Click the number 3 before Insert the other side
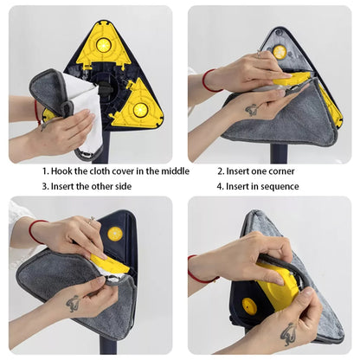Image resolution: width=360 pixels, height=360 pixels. point(46,186)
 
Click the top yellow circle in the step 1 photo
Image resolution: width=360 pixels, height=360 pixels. point(103,43)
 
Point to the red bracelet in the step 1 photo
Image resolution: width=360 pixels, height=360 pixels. point(36,111)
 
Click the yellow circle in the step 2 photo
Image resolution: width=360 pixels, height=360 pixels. point(280,52)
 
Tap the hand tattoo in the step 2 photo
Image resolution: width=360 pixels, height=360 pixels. point(251,110)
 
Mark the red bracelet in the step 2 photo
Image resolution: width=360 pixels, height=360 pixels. point(206,80)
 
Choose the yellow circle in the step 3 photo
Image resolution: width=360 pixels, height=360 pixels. point(114,234)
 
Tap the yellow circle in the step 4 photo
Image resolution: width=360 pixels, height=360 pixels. point(249,305)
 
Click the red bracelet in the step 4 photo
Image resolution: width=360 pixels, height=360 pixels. point(202,276)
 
